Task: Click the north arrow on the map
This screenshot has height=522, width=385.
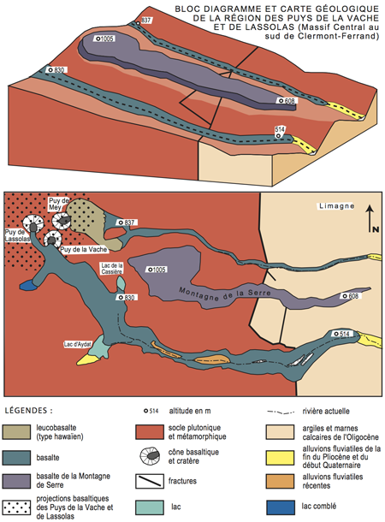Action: [370, 218]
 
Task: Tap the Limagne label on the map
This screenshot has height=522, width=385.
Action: [336, 206]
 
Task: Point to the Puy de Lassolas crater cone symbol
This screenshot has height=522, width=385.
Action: [33, 223]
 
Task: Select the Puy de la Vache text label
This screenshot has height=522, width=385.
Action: [84, 249]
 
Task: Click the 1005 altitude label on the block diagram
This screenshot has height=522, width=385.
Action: [105, 39]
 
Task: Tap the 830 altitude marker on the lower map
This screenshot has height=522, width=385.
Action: [127, 297]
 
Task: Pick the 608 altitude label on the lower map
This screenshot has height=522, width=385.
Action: [351, 296]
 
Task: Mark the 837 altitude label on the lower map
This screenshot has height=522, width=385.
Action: [127, 222]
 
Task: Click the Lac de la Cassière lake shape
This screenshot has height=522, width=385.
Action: [121, 283]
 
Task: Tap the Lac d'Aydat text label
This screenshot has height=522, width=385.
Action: [78, 344]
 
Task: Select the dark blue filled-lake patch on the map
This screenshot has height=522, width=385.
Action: [28, 285]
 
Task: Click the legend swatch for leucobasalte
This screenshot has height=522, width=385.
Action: [16, 431]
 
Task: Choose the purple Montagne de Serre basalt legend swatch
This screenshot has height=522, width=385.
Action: [16, 481]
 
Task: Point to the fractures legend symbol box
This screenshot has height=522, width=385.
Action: [150, 481]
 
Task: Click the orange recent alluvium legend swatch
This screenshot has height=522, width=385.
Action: [280, 481]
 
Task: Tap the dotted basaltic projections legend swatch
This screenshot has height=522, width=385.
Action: [16, 507]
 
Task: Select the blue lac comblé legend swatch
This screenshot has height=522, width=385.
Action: [280, 507]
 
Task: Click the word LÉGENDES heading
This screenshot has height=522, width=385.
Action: [26, 411]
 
